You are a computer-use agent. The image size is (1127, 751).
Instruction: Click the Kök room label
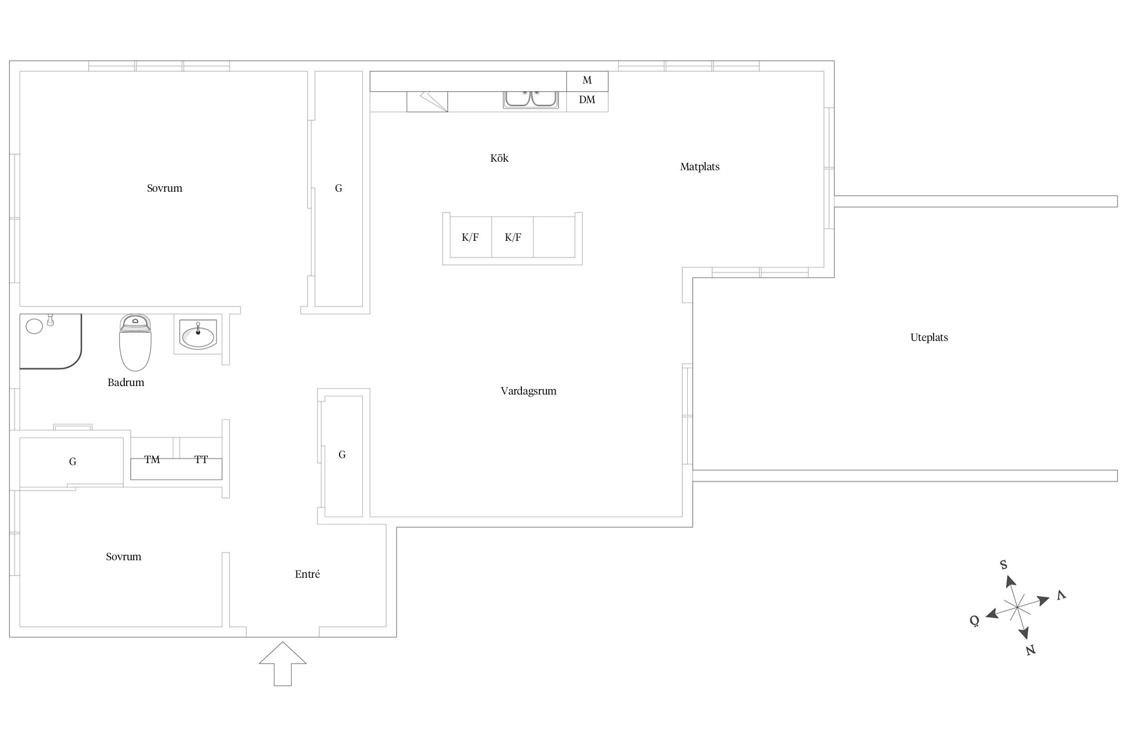499,158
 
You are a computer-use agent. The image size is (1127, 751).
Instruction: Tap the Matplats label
700,167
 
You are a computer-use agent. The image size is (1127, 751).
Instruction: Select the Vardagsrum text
528,391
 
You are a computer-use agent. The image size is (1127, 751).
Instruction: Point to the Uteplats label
929,337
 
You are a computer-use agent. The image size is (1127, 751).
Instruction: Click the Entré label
308,574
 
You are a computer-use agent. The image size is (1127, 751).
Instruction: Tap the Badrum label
126,383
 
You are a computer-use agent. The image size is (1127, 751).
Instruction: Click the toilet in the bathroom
135,342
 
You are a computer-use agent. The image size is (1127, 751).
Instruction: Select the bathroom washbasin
198,334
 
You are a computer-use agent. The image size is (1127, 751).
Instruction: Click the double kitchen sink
531,99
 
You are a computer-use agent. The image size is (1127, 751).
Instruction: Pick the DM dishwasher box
587,102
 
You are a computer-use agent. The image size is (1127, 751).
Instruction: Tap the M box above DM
587,81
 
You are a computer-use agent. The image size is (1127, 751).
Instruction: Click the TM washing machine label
152,460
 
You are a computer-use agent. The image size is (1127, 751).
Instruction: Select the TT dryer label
201,460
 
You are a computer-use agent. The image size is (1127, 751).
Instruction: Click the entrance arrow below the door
283,663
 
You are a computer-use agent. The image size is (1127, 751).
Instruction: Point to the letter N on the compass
1030,650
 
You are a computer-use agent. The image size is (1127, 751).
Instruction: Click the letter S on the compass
1003,565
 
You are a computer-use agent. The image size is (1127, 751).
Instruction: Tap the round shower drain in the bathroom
34,326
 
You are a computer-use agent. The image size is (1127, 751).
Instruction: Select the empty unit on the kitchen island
554,237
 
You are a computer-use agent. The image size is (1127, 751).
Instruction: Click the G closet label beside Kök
339,189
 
